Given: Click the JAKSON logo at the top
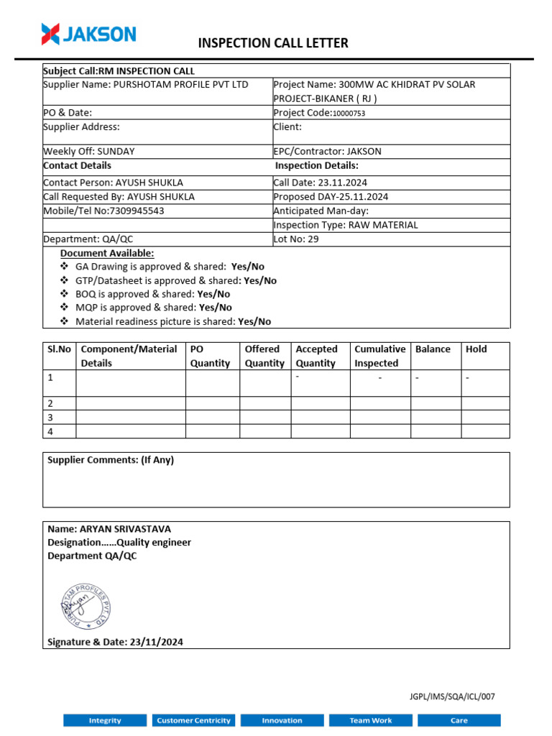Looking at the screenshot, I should pos(88,34).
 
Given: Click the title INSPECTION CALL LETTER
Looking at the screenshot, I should pos(273,43).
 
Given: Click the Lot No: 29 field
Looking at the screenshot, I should pos(296,239).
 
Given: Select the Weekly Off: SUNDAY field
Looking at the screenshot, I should pos(89,152).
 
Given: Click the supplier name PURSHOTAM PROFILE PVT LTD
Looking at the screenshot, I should pos(179,84).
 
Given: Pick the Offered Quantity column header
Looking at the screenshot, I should pos(264,356).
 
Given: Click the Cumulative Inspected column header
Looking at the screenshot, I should pos(379,356).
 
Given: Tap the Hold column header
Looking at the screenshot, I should pos(476,349).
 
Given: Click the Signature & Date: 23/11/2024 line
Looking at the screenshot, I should pos(115,642).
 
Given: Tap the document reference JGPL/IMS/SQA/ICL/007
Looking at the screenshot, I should pos(453,696).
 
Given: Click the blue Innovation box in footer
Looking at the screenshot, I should pos(282,720).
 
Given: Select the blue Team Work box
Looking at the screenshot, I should pos(371,720).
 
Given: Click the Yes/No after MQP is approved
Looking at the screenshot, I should pos(215,308).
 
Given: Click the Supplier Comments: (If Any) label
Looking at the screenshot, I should pos(111,460).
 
